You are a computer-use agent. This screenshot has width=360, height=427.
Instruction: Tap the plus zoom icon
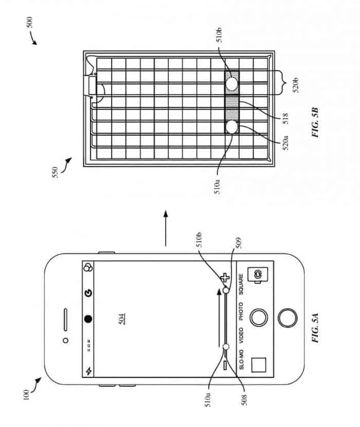tap(224, 278)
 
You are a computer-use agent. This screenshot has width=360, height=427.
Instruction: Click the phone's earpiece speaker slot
tap(67, 319)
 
